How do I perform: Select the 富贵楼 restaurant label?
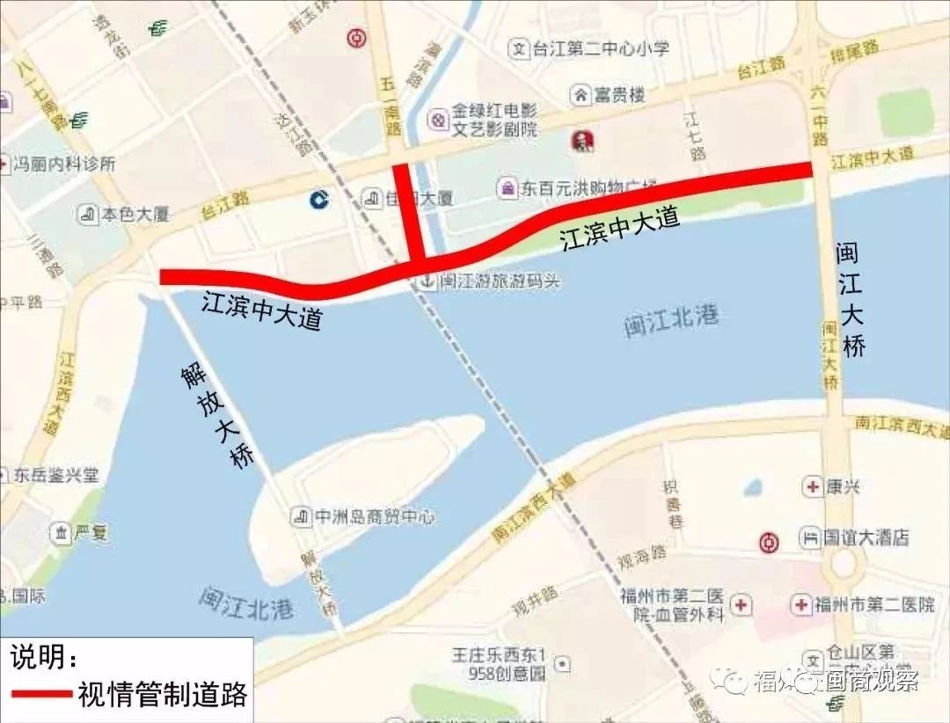(619, 93)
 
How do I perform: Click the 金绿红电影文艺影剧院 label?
(493, 120)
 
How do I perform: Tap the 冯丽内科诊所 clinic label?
(65, 164)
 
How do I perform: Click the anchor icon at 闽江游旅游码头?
(426, 281)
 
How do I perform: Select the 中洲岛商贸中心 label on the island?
(374, 515)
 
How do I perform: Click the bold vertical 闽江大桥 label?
(851, 300)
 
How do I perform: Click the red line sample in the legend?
(40, 693)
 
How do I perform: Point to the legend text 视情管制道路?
(162, 693)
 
